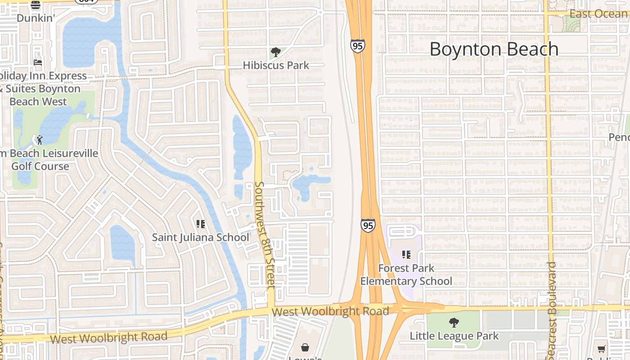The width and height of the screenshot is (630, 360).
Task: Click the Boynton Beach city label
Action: point(494,49)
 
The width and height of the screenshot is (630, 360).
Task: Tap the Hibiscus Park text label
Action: point(276,65)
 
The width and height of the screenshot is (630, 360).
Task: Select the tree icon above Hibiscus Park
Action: point(276,52)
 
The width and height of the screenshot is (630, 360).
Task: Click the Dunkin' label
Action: point(36,18)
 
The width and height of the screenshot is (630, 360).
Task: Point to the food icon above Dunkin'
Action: point(36,5)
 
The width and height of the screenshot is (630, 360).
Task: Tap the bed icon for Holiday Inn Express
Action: point(38,63)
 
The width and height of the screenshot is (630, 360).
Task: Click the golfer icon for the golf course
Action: point(39,140)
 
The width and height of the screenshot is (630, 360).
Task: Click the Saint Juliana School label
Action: point(200,237)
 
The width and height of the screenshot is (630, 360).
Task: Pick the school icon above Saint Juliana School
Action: point(201,224)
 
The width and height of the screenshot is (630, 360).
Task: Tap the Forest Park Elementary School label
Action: point(406,274)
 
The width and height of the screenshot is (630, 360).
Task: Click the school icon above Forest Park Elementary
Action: point(406,255)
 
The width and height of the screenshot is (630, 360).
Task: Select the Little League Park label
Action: point(454,336)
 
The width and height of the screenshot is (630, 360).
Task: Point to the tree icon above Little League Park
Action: point(454,322)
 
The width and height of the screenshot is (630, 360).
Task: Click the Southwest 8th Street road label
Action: point(264,235)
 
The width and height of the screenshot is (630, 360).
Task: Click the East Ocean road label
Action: point(598,14)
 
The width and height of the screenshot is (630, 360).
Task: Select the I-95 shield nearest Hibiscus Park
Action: point(357,45)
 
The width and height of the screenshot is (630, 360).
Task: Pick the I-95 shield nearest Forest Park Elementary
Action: point(368,225)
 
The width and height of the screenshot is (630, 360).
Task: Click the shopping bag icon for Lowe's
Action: point(305,347)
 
